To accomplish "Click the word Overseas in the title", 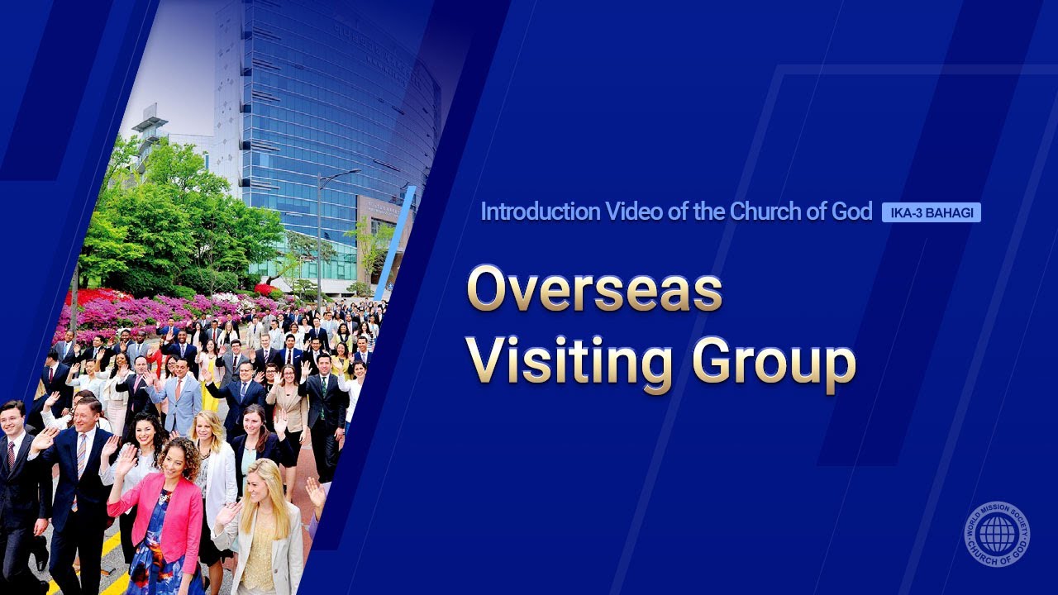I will point(594,290).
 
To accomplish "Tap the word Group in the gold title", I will point(773,364).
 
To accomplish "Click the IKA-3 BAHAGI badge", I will point(931,212).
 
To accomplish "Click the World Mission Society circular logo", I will point(998,534).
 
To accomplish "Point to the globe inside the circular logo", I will point(998,534).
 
